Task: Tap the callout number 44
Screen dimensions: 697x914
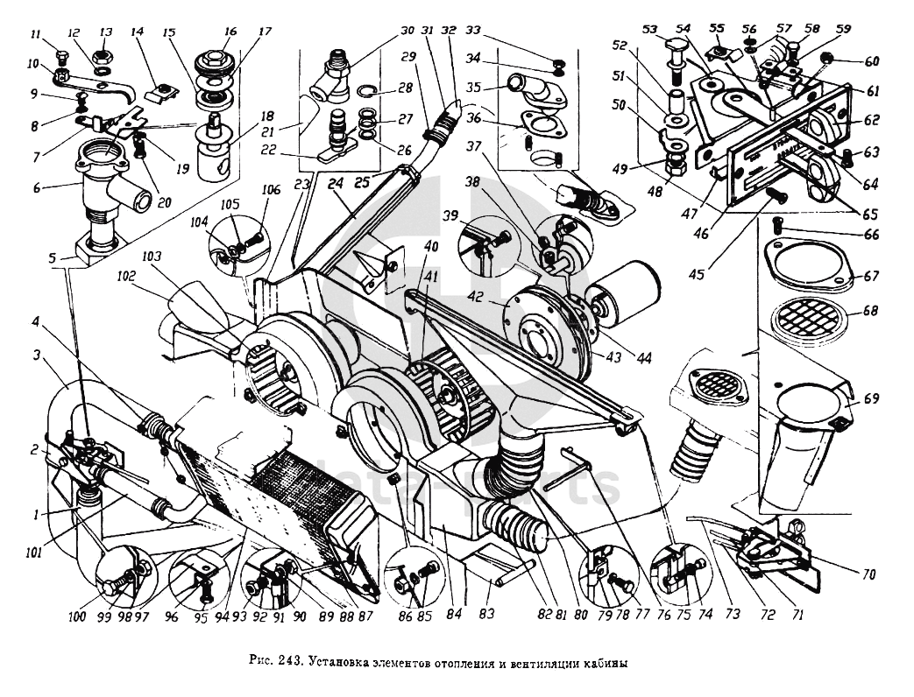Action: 646,358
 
